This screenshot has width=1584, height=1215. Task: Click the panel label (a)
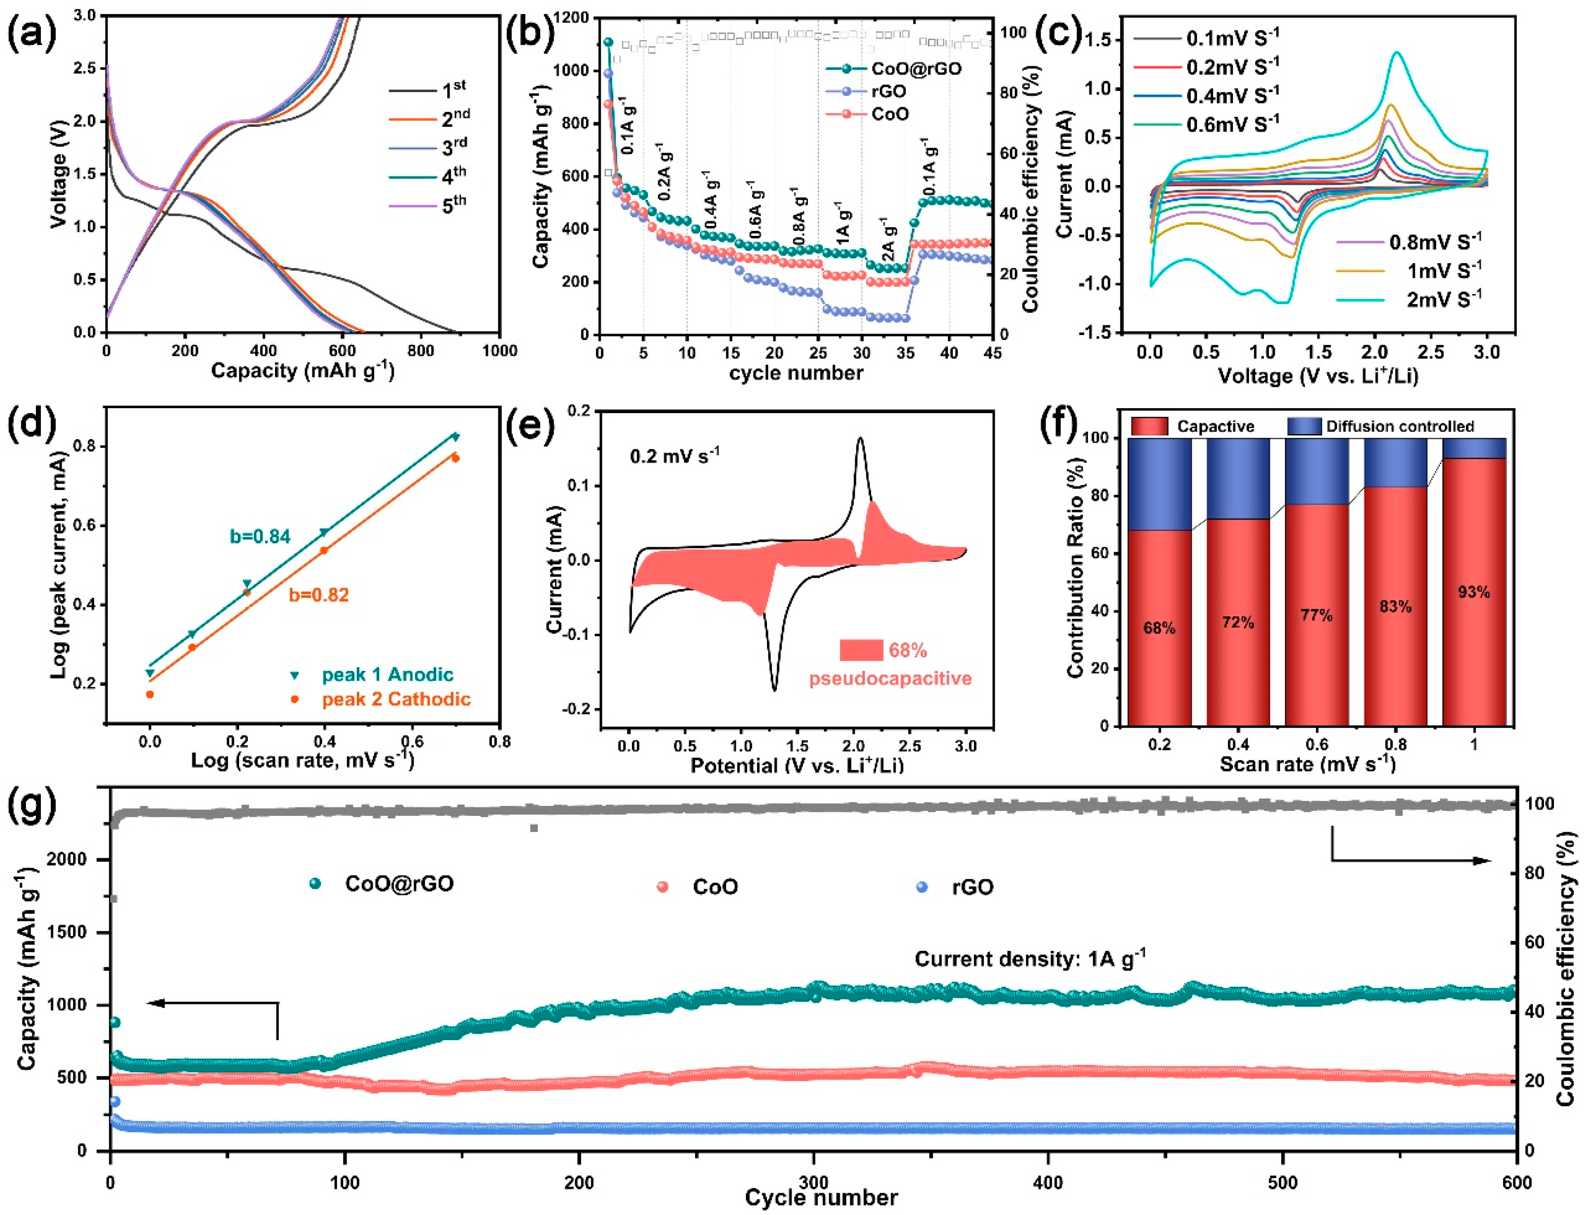coord(31,33)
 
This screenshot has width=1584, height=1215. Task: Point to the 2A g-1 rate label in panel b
coord(889,239)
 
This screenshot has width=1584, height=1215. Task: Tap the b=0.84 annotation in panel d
coord(261,536)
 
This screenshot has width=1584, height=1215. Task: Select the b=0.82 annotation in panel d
coord(319,595)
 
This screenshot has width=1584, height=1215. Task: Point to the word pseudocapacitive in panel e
coord(890,678)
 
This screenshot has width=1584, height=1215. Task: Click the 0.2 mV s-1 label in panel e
coord(674,455)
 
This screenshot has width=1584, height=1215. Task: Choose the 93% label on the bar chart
coord(1474,592)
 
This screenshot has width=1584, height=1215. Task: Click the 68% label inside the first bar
coord(1159,628)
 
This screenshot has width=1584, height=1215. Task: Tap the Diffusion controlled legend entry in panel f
coord(1399,426)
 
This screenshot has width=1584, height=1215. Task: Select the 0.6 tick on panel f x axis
coord(1316,744)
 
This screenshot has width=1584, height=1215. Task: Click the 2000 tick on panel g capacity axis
coord(66,859)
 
